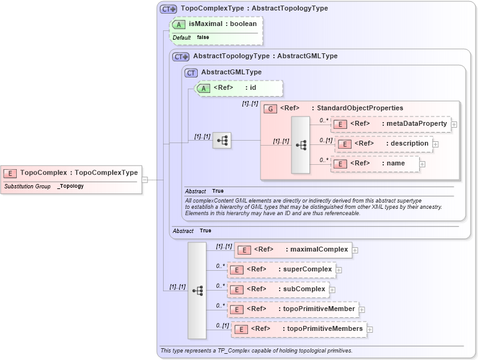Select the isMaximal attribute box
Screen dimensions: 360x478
click(216, 24)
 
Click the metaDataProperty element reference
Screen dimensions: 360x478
click(391, 124)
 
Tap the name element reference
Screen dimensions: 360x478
click(375, 164)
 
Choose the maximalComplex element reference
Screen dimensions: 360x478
click(293, 250)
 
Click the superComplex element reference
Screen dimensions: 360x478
click(281, 270)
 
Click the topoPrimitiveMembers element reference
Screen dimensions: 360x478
click(299, 329)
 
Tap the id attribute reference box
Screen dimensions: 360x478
click(239, 88)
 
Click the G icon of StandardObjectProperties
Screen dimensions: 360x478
click(270, 108)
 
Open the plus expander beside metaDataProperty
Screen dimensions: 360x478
click(454, 125)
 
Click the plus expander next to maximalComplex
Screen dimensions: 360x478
click(355, 250)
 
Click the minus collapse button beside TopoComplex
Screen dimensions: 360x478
click(144, 180)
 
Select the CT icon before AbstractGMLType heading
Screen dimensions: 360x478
click(192, 72)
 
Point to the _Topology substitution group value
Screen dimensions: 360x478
click(71, 186)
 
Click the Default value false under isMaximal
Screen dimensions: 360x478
click(203, 38)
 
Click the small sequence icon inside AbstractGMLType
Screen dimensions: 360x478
click(222, 141)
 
